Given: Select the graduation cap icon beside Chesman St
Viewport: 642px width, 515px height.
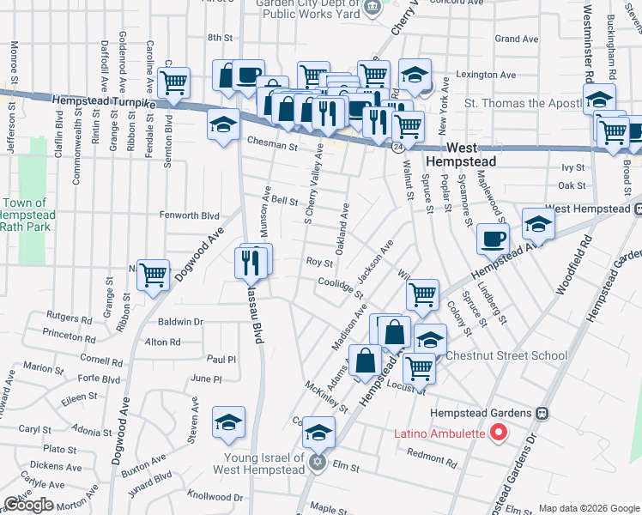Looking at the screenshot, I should (223, 125).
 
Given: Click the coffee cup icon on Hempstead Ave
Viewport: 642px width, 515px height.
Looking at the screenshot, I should (493, 239).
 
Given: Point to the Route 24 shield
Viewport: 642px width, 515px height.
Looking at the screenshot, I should (399, 148).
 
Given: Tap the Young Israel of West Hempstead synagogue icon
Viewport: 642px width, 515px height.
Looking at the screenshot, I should (317, 462).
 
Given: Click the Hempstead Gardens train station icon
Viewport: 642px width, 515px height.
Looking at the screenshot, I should (542, 413).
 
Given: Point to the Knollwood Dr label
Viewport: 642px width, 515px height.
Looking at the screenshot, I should (215, 496).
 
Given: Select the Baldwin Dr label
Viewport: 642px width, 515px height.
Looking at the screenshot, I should (180, 322).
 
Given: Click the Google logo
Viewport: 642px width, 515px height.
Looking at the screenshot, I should (27, 505).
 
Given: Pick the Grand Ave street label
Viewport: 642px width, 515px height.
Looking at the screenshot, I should (516, 39).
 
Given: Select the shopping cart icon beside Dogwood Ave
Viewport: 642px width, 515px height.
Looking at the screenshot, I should (154, 276).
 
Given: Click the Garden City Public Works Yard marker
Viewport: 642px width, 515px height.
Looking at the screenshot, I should (372, 8).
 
